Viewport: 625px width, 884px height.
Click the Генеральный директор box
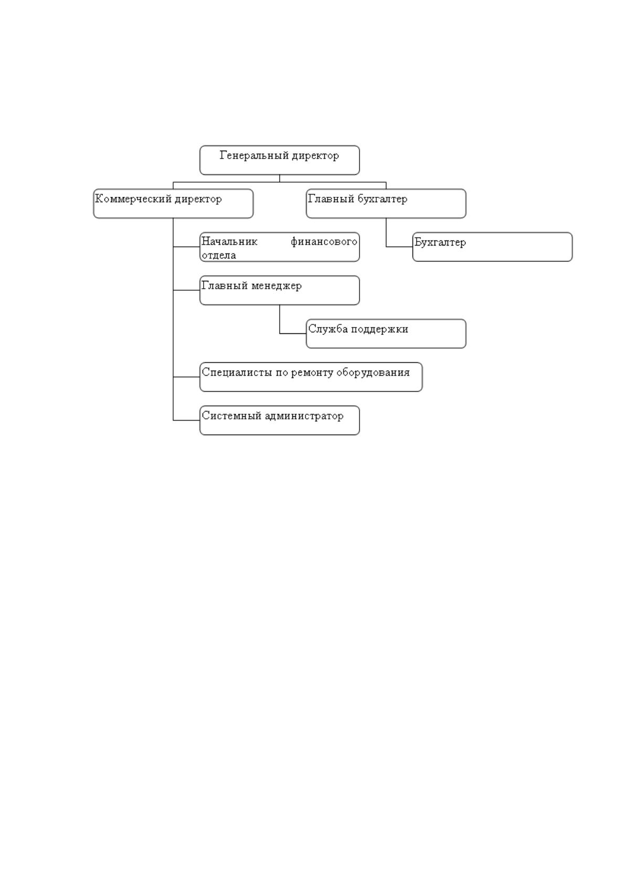pyautogui.click(x=279, y=160)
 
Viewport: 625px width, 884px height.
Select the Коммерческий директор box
pyautogui.click(x=173, y=203)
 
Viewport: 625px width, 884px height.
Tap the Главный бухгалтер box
pyautogui.click(x=386, y=203)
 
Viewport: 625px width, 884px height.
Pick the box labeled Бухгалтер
pyautogui.click(x=492, y=247)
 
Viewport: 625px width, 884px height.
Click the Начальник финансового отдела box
pyautogui.click(x=279, y=247)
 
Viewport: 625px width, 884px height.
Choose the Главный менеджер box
pyautogui.click(x=279, y=290)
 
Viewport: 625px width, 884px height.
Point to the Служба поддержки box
pyautogui.click(x=386, y=333)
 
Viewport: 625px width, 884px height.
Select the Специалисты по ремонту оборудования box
pyautogui.click(x=311, y=377)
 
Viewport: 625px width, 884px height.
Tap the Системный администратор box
pyautogui.click(x=279, y=420)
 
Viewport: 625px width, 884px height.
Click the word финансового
pyautogui.click(x=324, y=241)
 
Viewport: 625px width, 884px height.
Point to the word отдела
pyautogui.click(x=219, y=255)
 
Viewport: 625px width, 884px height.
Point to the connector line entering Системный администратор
pyautogui.click(x=186, y=420)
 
